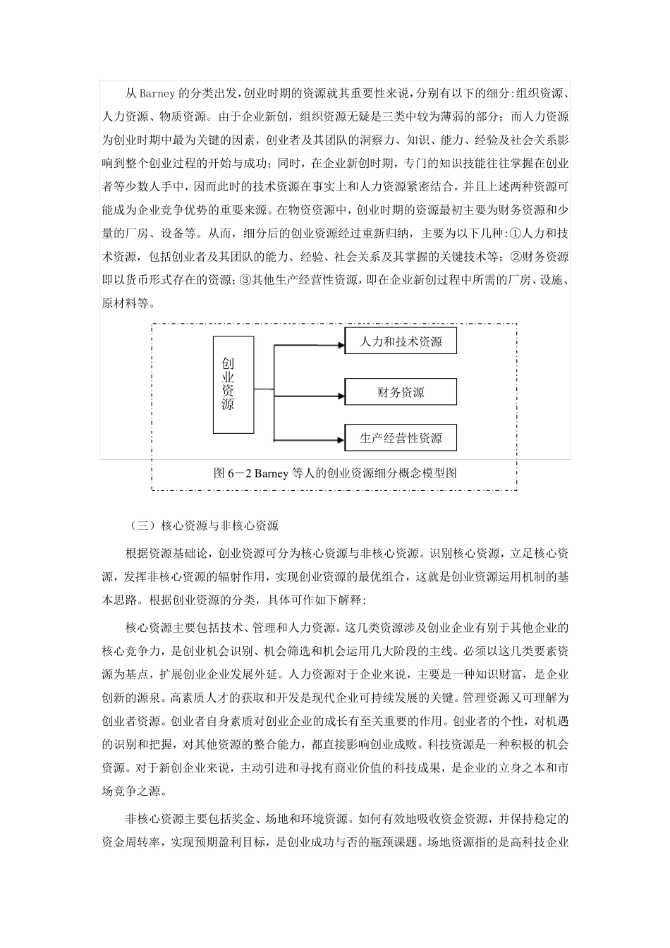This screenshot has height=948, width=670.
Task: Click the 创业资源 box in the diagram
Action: (233, 384)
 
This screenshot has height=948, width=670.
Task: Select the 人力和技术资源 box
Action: (401, 340)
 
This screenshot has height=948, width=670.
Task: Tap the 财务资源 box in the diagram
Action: (401, 391)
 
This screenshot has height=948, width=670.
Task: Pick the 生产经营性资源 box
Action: (401, 437)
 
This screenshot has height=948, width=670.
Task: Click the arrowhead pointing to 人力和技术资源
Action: (341, 346)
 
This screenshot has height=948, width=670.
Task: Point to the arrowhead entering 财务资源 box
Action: (341, 396)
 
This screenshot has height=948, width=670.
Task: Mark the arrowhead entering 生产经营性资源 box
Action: (341, 440)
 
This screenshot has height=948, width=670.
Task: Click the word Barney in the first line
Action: (157, 94)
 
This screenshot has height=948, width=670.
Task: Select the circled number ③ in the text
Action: (246, 280)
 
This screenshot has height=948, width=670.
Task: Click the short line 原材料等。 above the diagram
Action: (126, 303)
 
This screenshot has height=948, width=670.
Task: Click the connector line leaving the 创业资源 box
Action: (264, 389)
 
